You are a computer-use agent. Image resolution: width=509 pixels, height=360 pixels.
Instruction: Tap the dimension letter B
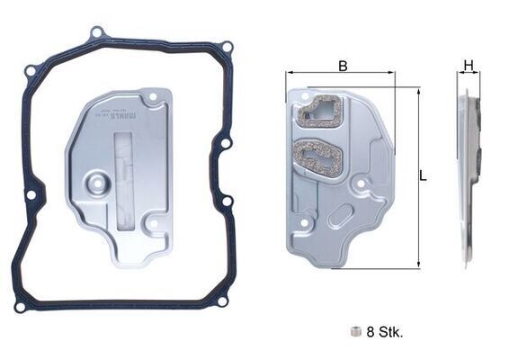click(343, 65)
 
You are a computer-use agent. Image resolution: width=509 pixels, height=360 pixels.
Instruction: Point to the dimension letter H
click(469, 65)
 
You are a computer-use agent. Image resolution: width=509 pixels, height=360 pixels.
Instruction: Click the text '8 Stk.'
click(385, 331)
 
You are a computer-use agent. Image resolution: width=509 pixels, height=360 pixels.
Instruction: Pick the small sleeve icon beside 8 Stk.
click(357, 331)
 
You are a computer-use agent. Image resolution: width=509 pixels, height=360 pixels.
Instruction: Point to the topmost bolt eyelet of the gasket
click(96, 33)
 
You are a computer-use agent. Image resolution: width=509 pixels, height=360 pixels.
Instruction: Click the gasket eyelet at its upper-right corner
click(227, 47)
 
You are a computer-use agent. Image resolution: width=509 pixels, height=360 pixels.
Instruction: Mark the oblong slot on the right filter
click(341, 217)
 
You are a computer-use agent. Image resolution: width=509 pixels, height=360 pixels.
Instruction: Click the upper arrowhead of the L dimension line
click(419, 91)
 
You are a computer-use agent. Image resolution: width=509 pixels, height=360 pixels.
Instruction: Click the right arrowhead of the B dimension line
click(394, 75)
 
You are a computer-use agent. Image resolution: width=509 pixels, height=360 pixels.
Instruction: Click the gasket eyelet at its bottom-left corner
click(20, 306)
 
